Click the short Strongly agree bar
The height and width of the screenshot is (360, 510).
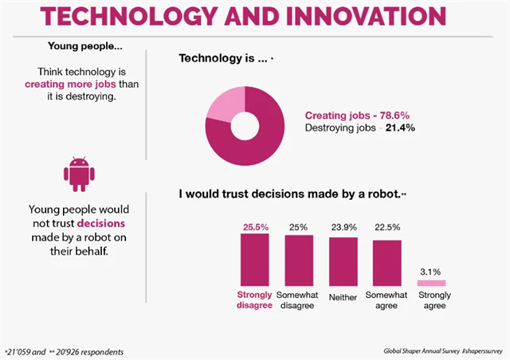point(432,283)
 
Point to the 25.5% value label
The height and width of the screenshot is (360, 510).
point(254,227)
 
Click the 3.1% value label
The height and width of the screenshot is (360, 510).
point(432,271)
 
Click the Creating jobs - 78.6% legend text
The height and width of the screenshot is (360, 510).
point(359,115)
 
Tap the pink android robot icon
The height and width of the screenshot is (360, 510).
point(77,174)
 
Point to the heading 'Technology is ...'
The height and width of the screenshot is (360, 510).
point(225,58)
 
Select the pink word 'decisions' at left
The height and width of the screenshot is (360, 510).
point(100,224)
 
